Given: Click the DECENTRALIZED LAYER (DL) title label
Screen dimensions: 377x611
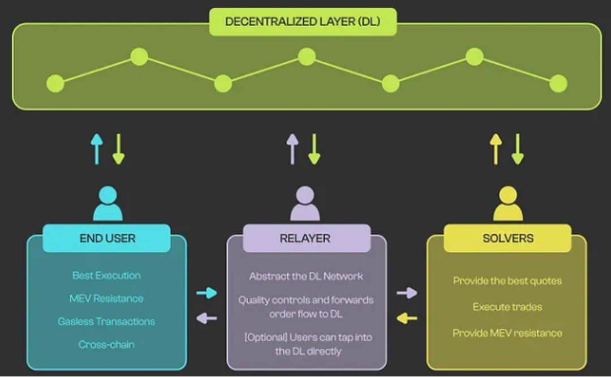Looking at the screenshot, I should [303, 22].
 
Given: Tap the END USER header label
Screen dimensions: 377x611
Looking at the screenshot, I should [107, 238].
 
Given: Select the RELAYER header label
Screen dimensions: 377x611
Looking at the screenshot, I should [305, 238].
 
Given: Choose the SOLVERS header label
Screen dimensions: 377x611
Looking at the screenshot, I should [507, 238].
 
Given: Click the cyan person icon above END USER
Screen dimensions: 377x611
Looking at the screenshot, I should [107, 204].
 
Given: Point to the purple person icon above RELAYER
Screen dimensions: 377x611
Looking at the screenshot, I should [305, 204].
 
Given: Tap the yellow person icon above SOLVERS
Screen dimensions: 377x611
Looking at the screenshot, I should [507, 204].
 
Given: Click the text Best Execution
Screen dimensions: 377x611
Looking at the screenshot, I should [106, 276].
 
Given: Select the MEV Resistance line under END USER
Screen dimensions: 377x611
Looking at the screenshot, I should [106, 298].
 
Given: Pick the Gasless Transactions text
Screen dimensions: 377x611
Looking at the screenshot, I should [106, 322].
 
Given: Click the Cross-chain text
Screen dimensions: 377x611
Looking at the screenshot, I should [106, 344].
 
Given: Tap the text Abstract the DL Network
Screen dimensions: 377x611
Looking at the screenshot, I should [306, 277].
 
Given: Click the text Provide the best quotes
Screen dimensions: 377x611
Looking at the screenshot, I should [507, 281].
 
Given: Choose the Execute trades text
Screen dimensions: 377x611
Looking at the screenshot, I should [507, 307].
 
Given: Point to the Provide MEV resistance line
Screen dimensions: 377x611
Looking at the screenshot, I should [507, 333].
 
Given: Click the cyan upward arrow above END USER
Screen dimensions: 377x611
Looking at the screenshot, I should [97, 149].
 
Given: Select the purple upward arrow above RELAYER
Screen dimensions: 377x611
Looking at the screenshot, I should [292, 149].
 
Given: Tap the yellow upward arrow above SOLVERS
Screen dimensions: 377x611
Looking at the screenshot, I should [496, 149].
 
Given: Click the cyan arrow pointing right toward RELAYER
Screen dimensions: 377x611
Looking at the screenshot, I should [206, 293].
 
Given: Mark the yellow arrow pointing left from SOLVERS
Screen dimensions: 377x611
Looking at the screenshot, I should [407, 318].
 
